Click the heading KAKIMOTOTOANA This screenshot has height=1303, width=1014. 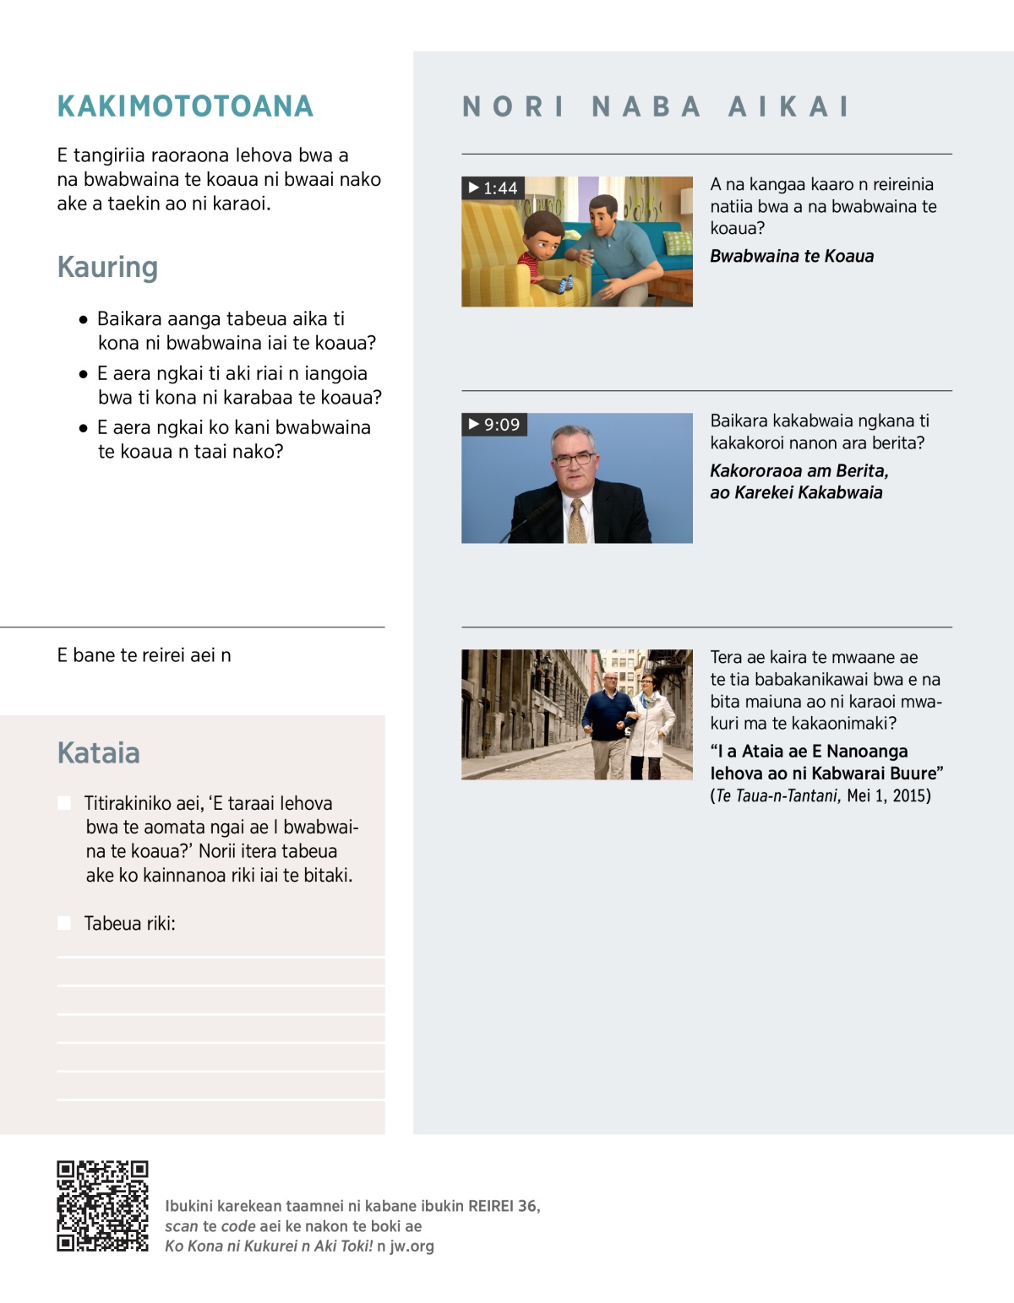pyautogui.click(x=185, y=106)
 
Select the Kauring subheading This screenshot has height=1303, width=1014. pyautogui.click(x=107, y=267)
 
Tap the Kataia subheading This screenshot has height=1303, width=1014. pyautogui.click(x=98, y=752)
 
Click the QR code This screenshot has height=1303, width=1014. pyautogui.click(x=102, y=1205)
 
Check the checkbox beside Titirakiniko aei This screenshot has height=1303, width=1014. pyautogui.click(x=64, y=803)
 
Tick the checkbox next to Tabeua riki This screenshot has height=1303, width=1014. pyautogui.click(x=64, y=923)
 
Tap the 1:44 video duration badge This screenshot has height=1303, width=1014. pyautogui.click(x=493, y=187)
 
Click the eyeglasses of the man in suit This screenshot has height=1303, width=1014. pyautogui.click(x=574, y=459)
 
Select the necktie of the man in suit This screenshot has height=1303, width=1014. pyautogui.click(x=577, y=520)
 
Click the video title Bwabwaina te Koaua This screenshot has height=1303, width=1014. pyautogui.click(x=792, y=256)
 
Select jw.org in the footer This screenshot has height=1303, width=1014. pyautogui.click(x=412, y=1246)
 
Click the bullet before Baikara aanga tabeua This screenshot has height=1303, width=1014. pyautogui.click(x=83, y=320)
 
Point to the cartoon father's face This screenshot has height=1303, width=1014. pyautogui.click(x=602, y=217)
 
